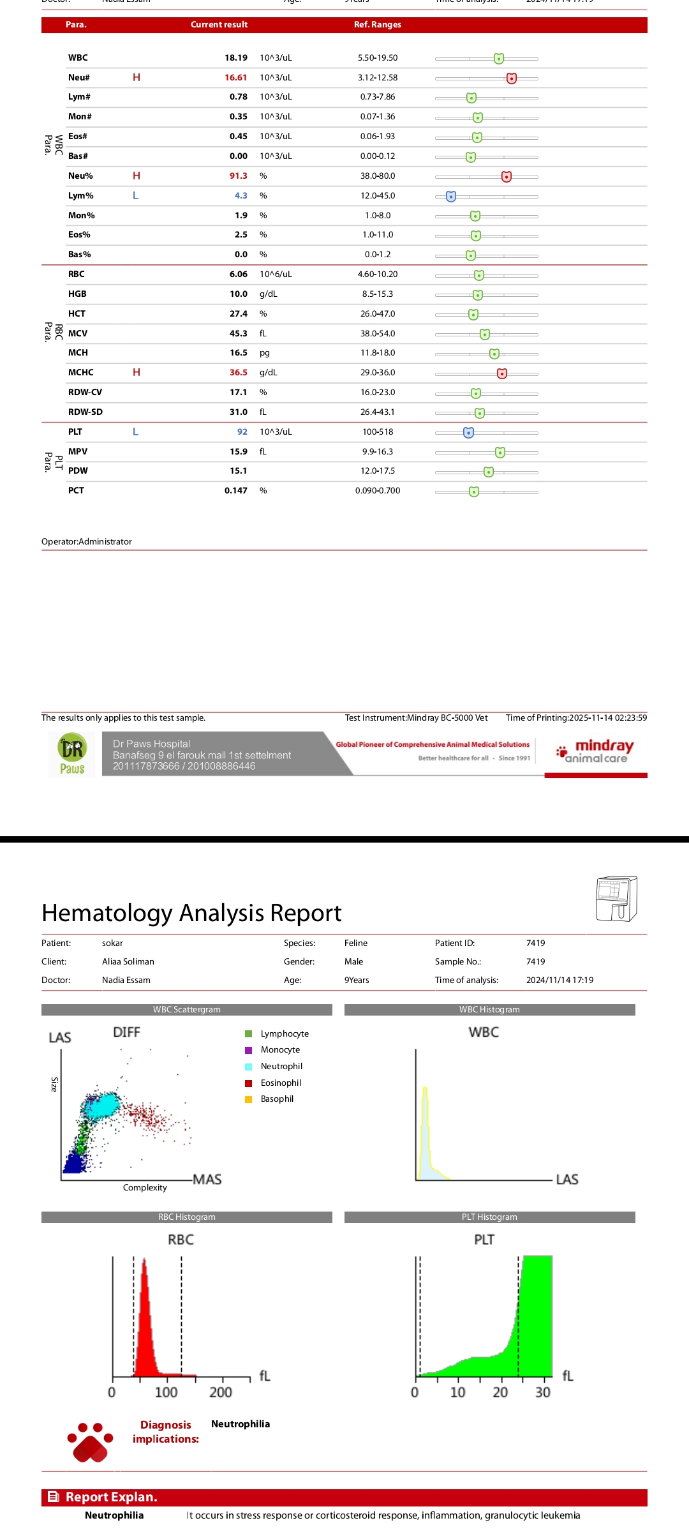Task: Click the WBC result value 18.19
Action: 235,58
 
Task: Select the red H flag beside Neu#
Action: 137,77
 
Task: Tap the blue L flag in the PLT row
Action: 135,432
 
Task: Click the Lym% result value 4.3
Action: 241,196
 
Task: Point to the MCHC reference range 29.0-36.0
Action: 378,373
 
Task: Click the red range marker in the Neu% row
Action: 506,176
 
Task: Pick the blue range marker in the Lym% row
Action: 451,196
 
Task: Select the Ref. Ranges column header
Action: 378,25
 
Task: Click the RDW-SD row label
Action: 85,412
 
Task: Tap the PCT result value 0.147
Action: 235,491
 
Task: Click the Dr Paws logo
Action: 72,755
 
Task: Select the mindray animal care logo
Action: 595,751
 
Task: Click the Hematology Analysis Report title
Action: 191,913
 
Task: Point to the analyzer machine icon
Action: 616,899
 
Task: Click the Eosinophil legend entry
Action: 280,1083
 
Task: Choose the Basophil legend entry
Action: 276,1099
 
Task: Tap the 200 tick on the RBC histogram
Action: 221,1392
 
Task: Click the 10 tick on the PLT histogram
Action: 457,1392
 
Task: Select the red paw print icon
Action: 91,1441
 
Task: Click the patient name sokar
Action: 112,943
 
